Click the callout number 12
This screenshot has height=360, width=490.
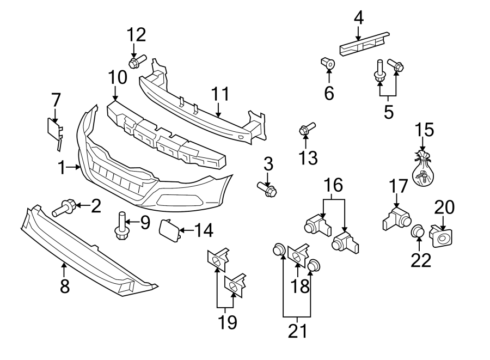click(137, 35)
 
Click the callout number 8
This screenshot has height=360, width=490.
click(65, 286)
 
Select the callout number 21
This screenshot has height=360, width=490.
click(297, 331)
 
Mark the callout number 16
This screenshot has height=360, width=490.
click(335, 186)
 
